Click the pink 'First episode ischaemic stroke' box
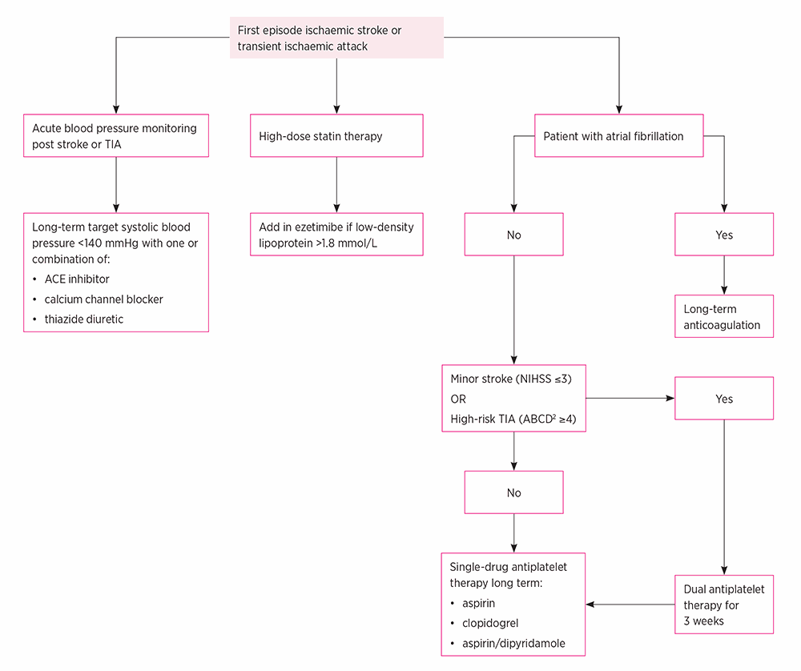pyautogui.click(x=336, y=38)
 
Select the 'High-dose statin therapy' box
pyautogui.click(x=336, y=136)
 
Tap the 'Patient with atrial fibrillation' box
pyautogui.click(x=618, y=136)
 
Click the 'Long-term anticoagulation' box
pyautogui.click(x=724, y=316)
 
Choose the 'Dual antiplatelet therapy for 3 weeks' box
pyautogui.click(x=724, y=605)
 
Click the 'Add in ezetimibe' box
pyautogui.click(x=336, y=235)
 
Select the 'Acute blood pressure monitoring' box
pyautogui.click(x=116, y=136)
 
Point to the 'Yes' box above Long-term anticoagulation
pyautogui.click(x=724, y=235)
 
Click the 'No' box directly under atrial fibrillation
pyautogui.click(x=514, y=235)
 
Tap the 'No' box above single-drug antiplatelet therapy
pyautogui.click(x=514, y=492)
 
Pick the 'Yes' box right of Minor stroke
pyautogui.click(x=724, y=398)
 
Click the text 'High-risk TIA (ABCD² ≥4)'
pyautogui.click(x=513, y=419)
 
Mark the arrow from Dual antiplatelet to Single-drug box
pyautogui.click(x=630, y=605)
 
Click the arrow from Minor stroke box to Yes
pyautogui.click(x=630, y=398)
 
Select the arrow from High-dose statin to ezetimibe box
pyautogui.click(x=336, y=185)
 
